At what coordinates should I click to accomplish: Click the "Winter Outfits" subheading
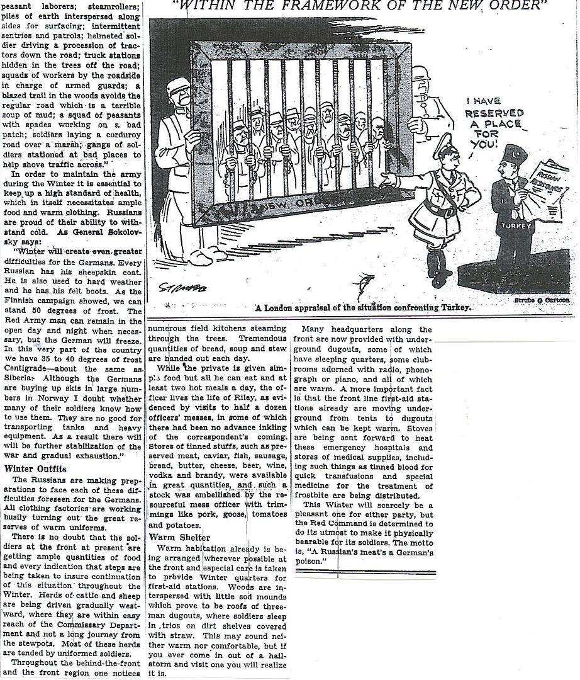point(35,468)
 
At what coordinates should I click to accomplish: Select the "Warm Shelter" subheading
point(179,537)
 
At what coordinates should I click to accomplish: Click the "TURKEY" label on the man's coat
point(518,225)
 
